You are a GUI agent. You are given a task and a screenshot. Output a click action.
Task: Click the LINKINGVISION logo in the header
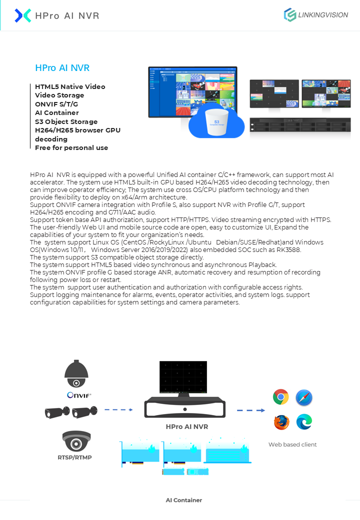315,15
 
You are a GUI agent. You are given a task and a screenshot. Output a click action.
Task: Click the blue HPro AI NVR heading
62,68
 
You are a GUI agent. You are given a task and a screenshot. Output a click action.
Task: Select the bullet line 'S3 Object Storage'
66,121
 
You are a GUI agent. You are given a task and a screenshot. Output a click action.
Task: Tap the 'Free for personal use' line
71,148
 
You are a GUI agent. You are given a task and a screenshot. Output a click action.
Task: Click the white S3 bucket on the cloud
216,122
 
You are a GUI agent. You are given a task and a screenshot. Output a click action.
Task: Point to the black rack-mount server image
300,124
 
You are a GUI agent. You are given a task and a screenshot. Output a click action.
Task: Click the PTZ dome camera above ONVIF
76,374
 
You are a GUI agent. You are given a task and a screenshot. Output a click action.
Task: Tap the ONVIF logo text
79,395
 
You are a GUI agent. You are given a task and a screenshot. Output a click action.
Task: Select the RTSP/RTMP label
74,457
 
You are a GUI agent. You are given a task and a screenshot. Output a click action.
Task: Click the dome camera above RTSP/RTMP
76,441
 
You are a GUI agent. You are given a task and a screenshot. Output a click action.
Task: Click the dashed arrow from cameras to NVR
118,410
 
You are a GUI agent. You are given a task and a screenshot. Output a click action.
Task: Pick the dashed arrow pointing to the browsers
251,410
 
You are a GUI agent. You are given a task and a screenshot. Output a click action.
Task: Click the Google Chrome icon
281,397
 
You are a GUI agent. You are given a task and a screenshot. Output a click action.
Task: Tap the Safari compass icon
304,397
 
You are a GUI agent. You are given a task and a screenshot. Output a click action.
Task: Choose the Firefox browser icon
281,422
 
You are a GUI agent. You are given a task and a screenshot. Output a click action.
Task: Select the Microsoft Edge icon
304,422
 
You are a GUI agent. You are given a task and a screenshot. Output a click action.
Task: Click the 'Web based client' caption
292,444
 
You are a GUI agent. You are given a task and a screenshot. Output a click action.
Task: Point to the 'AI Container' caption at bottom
184,500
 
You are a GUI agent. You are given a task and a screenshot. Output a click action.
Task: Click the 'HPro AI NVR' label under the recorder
187,427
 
